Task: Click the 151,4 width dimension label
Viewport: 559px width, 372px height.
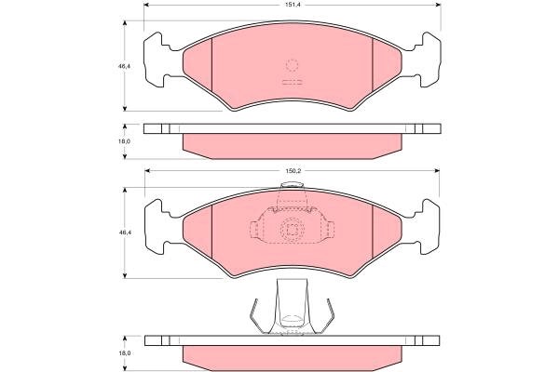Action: (292, 5)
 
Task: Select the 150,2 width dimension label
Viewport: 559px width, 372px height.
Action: (293, 171)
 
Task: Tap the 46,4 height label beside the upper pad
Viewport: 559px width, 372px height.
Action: (124, 66)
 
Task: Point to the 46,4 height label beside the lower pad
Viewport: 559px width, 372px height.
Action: (124, 232)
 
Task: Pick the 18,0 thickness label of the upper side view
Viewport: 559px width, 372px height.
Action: (124, 141)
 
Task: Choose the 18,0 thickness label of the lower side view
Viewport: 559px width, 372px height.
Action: (124, 353)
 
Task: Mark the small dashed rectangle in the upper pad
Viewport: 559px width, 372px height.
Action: (292, 82)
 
